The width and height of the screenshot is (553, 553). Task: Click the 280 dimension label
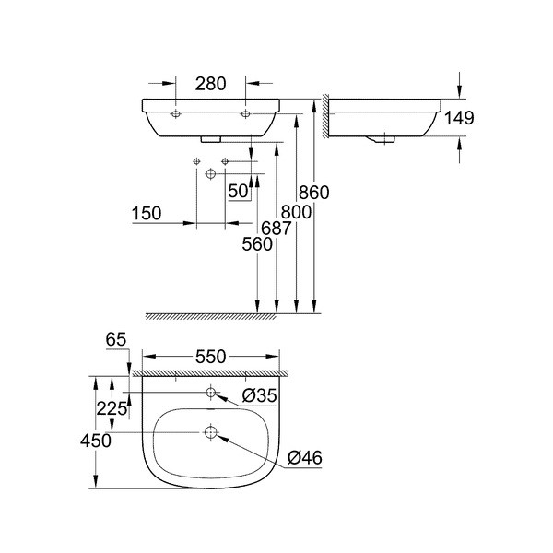[210, 84]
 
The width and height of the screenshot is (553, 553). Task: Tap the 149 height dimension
[459, 118]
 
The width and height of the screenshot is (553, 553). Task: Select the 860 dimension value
[314, 193]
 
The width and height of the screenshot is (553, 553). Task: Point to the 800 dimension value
[296, 212]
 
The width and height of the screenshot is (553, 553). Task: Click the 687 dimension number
[276, 229]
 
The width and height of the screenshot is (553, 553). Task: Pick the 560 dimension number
[257, 244]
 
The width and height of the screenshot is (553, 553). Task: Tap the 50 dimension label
[238, 191]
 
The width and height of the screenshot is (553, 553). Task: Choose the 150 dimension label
[147, 214]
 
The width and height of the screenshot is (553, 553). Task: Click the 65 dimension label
[116, 339]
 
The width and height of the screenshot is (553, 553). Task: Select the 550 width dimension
[210, 357]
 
